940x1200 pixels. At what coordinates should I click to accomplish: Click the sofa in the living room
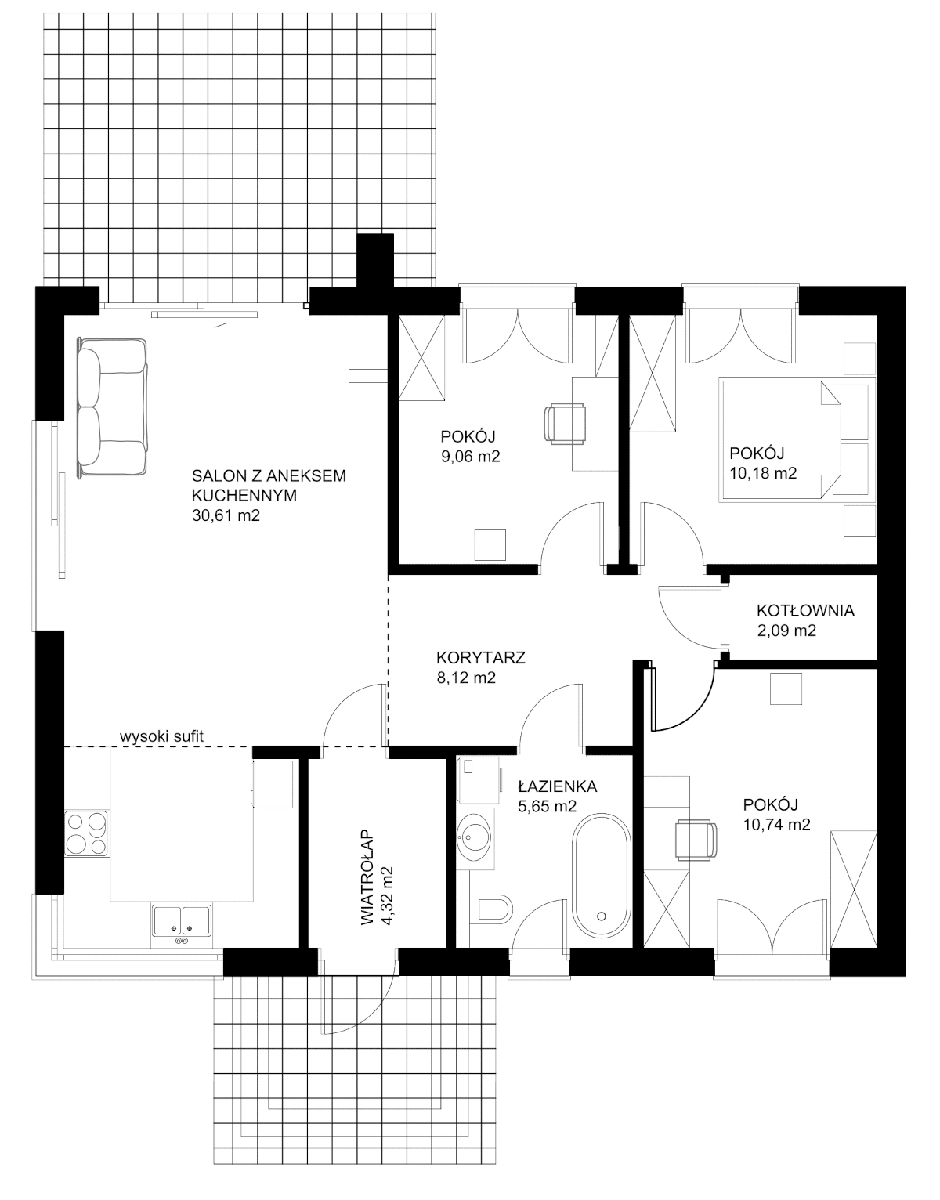[113, 407]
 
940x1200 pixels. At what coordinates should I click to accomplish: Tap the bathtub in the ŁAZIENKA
[601, 875]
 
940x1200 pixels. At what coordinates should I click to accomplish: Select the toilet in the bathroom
[493, 909]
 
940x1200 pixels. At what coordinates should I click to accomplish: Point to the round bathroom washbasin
[474, 838]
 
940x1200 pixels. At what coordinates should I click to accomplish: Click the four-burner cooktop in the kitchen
[86, 833]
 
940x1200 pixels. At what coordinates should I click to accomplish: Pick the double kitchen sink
[181, 920]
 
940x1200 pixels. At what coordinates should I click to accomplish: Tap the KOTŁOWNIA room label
[805, 610]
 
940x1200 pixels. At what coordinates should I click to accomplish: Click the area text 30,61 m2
[226, 515]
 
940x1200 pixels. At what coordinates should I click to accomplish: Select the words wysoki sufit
[162, 736]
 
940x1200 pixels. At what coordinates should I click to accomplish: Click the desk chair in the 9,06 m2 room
[565, 423]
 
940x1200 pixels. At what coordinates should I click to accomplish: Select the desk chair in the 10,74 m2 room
[696, 840]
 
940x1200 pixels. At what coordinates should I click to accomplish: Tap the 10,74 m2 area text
[776, 825]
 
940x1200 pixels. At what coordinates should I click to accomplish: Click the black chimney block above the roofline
[375, 261]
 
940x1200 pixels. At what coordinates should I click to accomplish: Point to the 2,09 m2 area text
[786, 630]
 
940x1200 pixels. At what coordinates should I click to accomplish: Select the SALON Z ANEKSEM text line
[269, 475]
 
